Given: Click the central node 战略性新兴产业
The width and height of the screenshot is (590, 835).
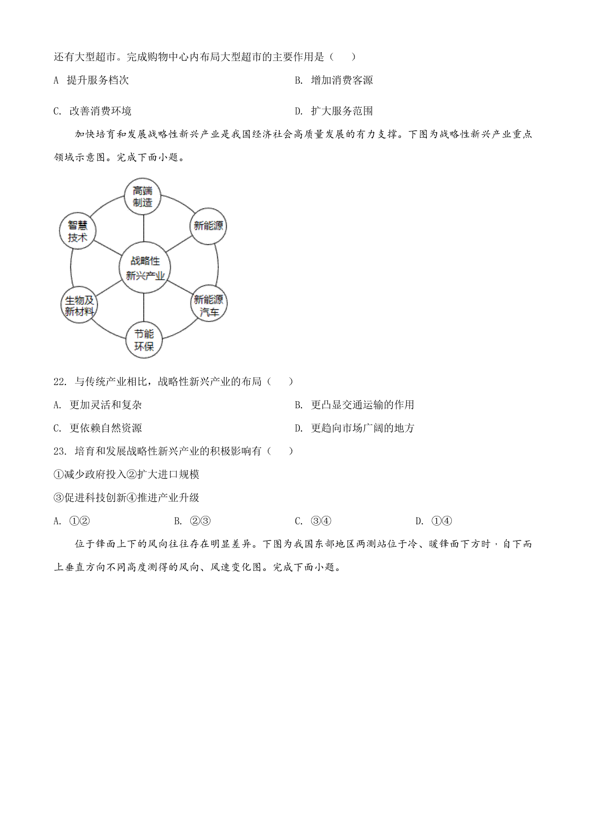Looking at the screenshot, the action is click(x=145, y=268).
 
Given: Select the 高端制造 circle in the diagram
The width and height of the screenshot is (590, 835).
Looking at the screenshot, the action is click(x=143, y=196).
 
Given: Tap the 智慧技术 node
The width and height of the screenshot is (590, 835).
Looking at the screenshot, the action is click(x=78, y=231).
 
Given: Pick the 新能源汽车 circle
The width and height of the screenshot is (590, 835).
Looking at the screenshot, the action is click(x=209, y=303).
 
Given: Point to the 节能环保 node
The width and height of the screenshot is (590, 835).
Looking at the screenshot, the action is click(x=144, y=340).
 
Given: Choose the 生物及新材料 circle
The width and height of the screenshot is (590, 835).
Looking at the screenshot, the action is click(x=79, y=304).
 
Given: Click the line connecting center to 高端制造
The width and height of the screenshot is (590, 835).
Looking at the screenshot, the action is click(x=144, y=228).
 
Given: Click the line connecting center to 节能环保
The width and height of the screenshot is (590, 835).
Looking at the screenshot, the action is click(x=144, y=307).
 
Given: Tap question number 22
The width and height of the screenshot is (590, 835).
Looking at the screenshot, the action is click(x=60, y=381).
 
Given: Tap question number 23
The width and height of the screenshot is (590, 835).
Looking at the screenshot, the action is click(x=60, y=451).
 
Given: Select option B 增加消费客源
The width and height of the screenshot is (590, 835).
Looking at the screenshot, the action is click(x=333, y=80).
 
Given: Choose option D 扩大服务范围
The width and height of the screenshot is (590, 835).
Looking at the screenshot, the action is click(x=333, y=111).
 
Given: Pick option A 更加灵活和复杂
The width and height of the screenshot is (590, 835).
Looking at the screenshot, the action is click(x=98, y=405).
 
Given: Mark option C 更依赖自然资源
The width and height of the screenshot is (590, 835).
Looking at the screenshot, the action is click(x=98, y=428).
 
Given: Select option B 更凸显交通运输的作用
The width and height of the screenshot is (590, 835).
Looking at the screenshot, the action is click(x=354, y=405).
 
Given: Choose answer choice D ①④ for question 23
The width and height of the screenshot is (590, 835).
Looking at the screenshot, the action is click(x=434, y=521).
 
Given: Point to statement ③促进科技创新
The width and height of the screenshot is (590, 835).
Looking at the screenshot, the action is click(x=90, y=498).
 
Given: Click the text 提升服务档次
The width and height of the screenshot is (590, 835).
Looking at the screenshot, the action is click(x=98, y=80).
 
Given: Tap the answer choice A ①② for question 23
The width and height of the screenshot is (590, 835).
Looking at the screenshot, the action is click(x=72, y=521).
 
